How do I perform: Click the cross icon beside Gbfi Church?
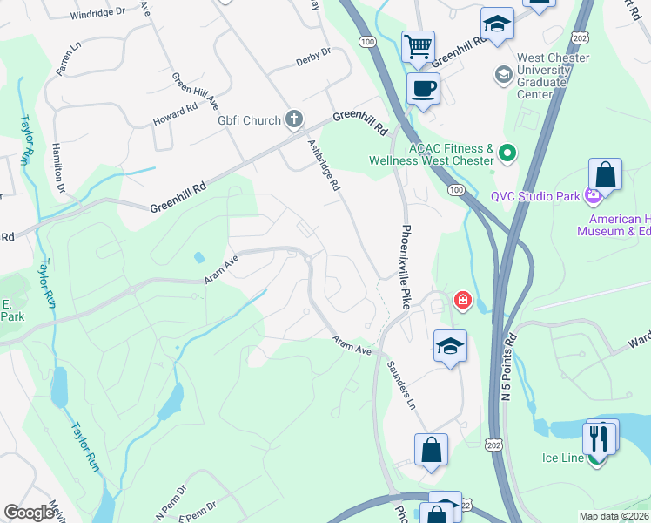pos(295,119)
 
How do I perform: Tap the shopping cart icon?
pos(418,45)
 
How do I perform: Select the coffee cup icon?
pos(423,88)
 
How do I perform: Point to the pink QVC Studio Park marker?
pos(594,196)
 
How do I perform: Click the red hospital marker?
pos(461,302)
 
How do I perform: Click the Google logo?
pos(30,513)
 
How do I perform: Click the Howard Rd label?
pos(175,114)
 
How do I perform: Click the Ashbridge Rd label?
pos(323,166)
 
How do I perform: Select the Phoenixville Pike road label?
pos(405,266)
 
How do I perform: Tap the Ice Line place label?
pos(562,458)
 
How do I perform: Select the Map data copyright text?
pos(614,516)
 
